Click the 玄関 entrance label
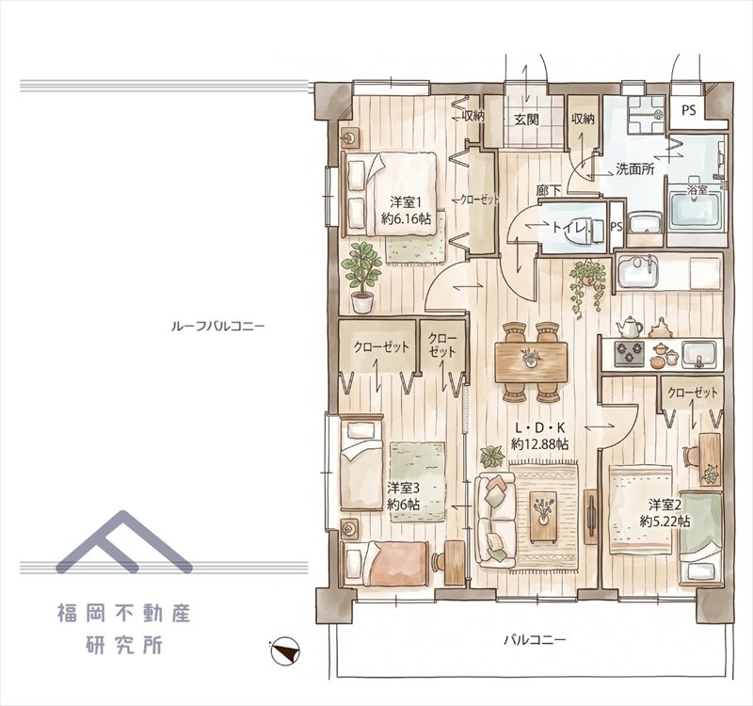(526, 120)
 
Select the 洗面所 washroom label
(635, 168)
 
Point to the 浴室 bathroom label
(697, 190)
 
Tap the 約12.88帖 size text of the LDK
(540, 444)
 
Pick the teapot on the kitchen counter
(630, 328)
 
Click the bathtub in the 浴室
(695, 210)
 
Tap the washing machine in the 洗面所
(646, 114)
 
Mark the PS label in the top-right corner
(689, 110)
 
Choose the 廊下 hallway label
(549, 191)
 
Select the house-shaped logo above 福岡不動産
(124, 542)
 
